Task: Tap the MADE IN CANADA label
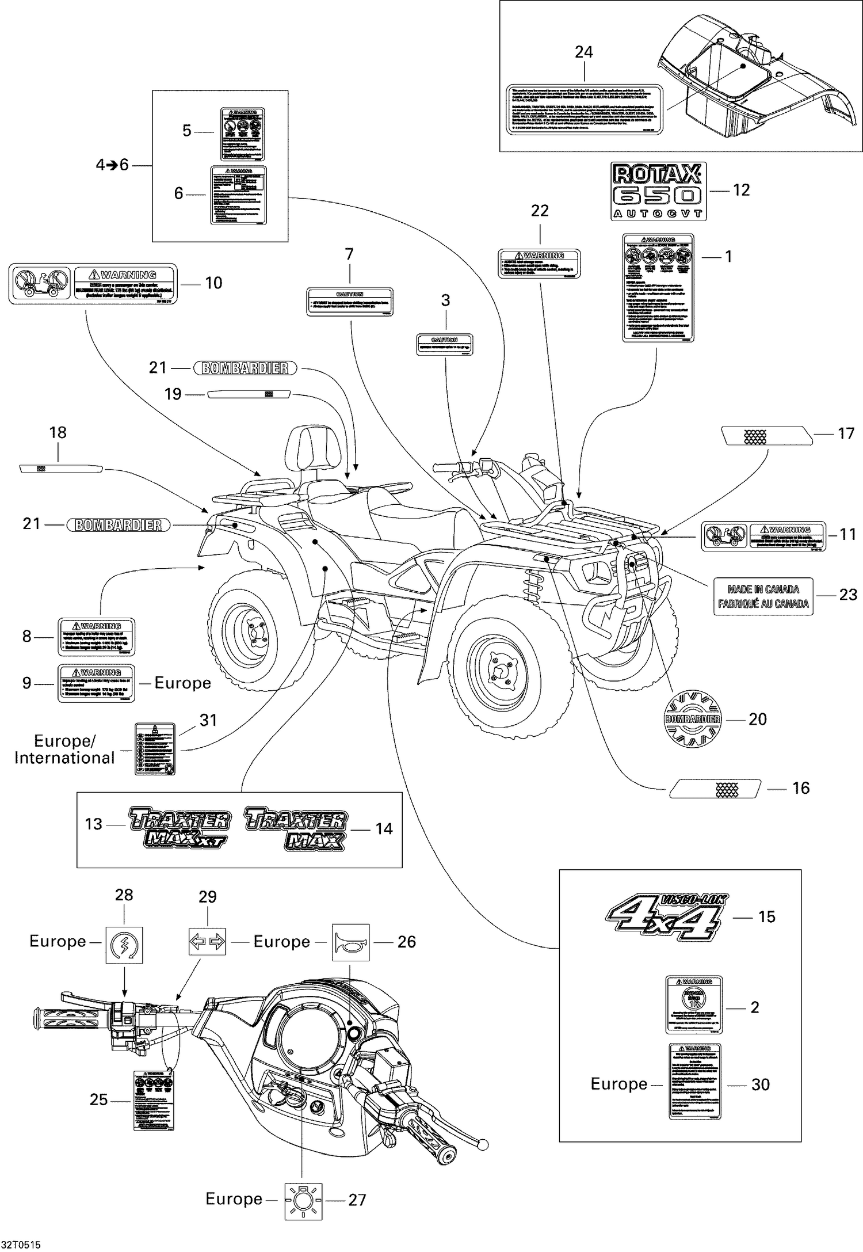[x=763, y=596]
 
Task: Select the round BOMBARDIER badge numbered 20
[x=692, y=719]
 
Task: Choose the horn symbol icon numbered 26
[x=350, y=942]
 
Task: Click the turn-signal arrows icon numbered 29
[x=207, y=942]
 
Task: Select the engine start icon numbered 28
[x=124, y=945]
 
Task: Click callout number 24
[x=583, y=52]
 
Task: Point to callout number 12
[x=741, y=190]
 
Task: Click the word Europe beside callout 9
[x=182, y=683]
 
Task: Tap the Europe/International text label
[x=64, y=749]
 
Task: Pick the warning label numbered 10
[x=93, y=283]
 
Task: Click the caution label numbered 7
[x=349, y=302]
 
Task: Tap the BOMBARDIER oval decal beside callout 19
[x=245, y=368]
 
